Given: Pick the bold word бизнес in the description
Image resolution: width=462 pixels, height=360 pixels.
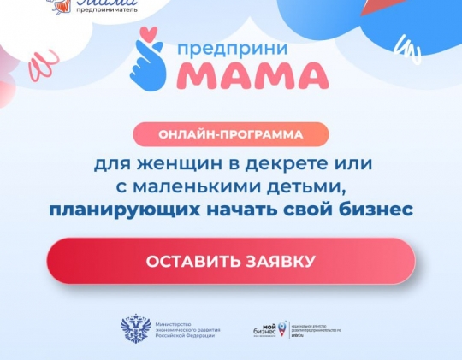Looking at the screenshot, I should click(x=374, y=209).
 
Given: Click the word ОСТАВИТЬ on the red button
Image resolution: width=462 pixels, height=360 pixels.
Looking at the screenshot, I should click(x=187, y=261).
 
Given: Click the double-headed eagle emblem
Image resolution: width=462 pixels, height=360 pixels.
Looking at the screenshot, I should click(x=136, y=329).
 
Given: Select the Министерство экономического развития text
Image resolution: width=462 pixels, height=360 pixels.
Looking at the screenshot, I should click(x=185, y=329).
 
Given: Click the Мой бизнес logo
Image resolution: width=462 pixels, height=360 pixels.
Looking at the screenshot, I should click(x=269, y=328).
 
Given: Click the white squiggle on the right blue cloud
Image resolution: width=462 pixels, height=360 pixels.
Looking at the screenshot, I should click(x=410, y=50).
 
